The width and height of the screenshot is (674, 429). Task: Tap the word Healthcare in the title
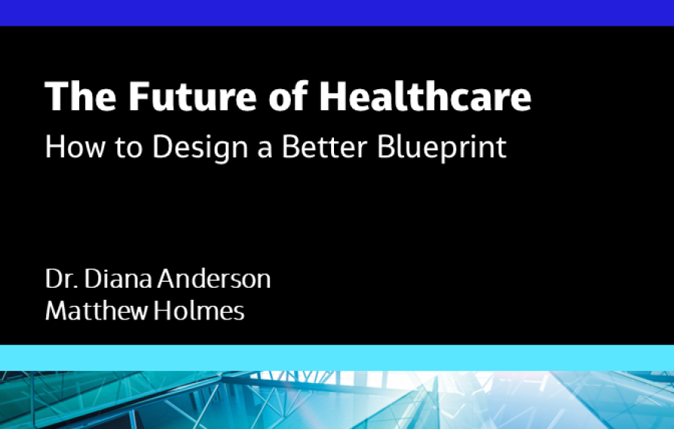425,97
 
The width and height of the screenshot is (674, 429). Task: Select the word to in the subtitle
127,147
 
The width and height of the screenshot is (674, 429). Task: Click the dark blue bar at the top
337,12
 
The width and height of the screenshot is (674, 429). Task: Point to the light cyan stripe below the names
337,356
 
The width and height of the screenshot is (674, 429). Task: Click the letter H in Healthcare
332,97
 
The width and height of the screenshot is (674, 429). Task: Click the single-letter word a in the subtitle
264,148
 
